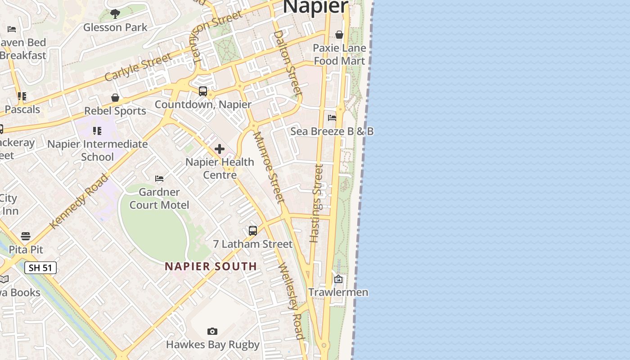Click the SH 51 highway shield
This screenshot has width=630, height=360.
40,268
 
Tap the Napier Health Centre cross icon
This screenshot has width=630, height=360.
220,149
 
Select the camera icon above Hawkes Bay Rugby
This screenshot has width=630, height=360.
212,332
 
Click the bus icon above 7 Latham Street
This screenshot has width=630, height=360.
253,231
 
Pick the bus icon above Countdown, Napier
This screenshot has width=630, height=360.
203,91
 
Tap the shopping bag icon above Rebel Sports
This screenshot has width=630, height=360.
115,98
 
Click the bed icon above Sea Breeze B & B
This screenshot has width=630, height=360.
332,118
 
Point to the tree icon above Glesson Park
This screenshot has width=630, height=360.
115,14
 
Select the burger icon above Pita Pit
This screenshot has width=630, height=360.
26,236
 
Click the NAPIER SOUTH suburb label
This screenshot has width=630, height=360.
211,266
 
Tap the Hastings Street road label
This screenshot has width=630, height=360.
317,203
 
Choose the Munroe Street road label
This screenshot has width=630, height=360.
269,167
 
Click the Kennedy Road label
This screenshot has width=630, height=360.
79,201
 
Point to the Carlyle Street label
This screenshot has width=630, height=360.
138,67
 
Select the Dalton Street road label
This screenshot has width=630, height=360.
287,62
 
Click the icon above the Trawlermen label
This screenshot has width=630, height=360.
338,279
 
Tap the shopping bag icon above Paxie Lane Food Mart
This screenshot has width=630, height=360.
339,35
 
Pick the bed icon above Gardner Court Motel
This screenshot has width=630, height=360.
159,179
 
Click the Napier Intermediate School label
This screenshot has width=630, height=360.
98,150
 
